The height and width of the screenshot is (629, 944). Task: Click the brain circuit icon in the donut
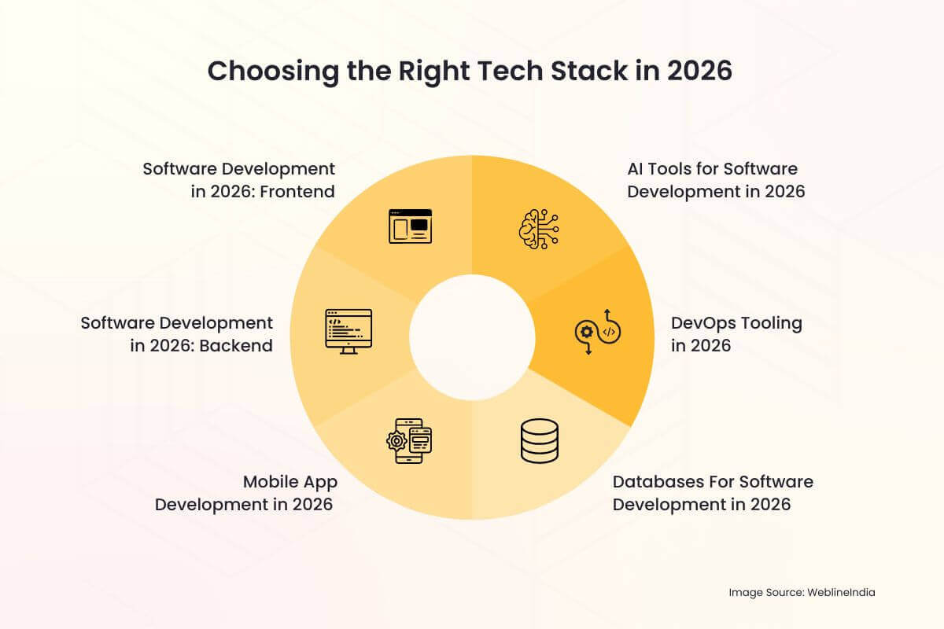coord(538,228)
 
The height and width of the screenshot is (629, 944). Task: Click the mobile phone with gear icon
coord(410,440)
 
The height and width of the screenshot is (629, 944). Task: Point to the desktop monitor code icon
coord(348,331)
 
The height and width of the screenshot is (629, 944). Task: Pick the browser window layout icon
coord(410,226)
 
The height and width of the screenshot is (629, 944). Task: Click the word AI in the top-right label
coord(636,168)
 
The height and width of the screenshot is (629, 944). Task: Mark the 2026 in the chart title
coord(699,71)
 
